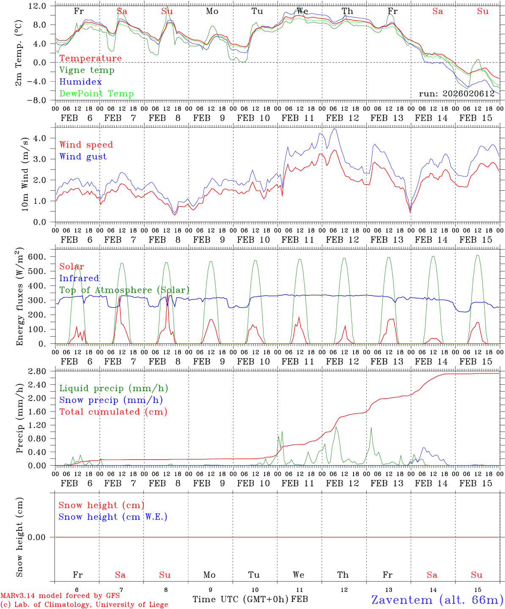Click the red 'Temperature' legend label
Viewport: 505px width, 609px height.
91,58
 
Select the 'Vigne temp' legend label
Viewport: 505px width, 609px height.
87,70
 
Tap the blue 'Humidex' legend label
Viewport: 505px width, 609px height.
80,82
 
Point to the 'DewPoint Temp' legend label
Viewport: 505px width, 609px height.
96,94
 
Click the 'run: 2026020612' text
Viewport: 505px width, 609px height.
456,94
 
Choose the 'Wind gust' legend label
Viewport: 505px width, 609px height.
83,156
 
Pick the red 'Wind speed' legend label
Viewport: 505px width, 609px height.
86,145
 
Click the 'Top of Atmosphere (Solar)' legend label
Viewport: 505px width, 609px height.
124,290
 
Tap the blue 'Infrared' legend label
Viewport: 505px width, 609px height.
79,278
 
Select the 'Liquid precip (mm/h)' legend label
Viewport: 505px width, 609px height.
114,388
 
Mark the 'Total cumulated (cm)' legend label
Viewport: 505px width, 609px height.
113,412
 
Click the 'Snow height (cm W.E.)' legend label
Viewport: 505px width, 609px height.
113,517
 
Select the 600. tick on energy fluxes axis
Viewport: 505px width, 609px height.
40,257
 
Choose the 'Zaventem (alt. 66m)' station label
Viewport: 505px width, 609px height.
437,600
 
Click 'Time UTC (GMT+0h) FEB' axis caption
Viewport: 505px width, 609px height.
250,599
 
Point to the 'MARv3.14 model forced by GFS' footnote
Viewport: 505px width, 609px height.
60,596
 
